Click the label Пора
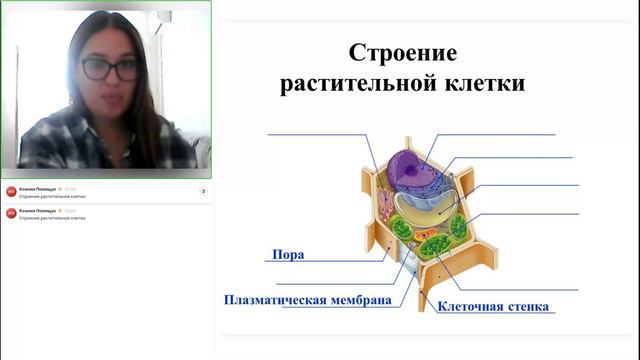[288, 254]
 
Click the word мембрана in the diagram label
[358, 299]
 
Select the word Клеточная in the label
[471, 306]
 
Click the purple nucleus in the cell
[409, 170]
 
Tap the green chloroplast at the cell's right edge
[458, 225]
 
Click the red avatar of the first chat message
[11, 191]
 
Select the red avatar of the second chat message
[11, 214]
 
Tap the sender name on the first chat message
[38, 188]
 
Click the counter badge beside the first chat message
[203, 191]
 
